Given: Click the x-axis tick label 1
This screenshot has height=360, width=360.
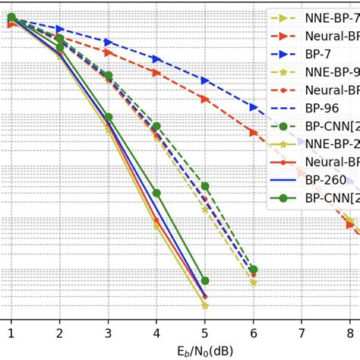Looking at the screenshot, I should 11,333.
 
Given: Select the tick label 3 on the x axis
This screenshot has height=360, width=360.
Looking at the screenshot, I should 108,333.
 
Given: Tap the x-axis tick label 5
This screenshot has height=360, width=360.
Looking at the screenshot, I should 204,333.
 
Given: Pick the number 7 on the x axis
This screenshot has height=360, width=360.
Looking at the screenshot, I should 302,333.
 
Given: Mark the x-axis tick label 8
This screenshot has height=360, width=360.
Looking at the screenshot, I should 349,333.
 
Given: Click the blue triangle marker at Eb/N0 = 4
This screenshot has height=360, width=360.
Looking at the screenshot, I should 156,58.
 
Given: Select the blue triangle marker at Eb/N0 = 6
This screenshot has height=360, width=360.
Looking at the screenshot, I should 253,106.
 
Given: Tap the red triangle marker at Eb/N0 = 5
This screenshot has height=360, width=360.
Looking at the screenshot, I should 204,99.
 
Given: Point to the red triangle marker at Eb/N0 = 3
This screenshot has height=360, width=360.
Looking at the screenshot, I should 108,53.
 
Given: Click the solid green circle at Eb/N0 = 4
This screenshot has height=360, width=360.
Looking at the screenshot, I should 156,193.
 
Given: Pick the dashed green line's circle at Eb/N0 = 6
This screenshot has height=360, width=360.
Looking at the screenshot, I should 253,270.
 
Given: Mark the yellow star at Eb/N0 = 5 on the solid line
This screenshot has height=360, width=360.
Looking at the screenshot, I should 204,305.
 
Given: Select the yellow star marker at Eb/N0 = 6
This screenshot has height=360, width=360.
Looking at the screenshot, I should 253,282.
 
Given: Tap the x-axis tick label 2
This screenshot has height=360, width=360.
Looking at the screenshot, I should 59,333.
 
